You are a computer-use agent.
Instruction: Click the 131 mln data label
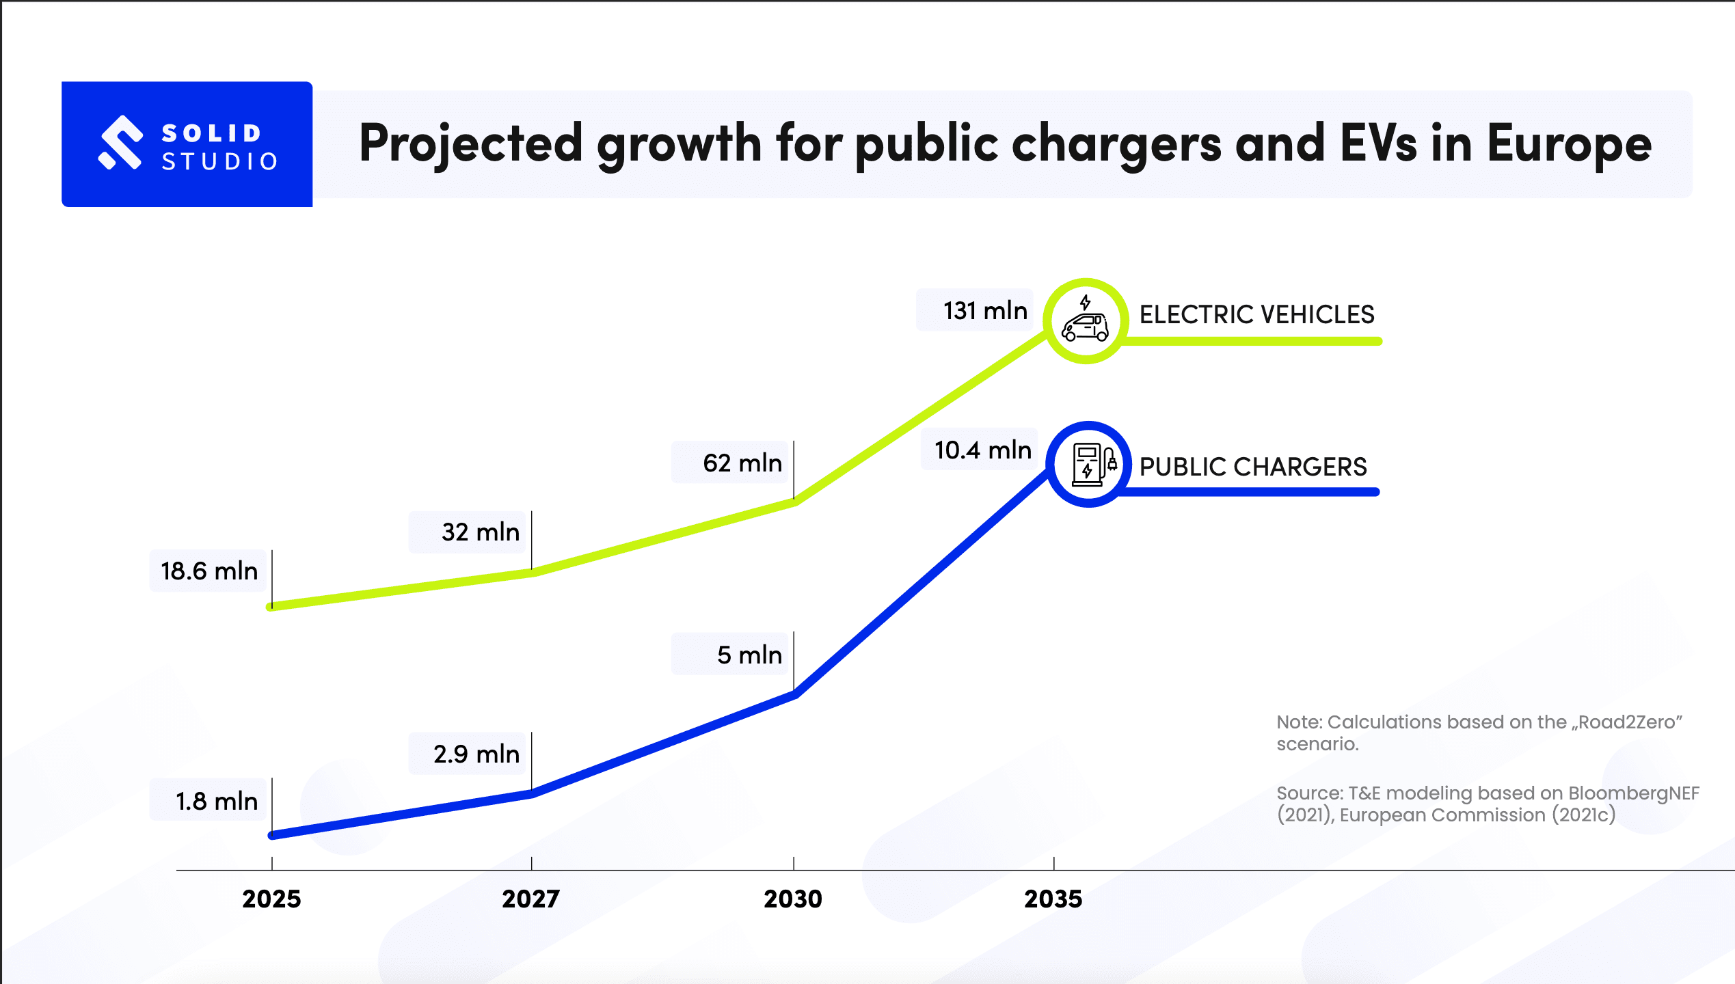(985, 311)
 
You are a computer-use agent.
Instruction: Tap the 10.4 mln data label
(982, 450)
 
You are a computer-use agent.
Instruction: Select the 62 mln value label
(742, 463)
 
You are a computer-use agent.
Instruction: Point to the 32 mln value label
(480, 532)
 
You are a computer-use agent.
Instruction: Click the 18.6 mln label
(209, 571)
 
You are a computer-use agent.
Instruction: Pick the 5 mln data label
(749, 655)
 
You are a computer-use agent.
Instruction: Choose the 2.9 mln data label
(476, 754)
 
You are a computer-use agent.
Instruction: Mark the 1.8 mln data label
(216, 802)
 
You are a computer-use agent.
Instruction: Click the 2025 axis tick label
(271, 899)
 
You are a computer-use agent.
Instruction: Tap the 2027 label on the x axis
(531, 899)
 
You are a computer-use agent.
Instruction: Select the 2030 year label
(793, 899)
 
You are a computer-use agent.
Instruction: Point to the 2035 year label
(1053, 899)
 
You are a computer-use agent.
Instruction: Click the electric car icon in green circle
(1085, 321)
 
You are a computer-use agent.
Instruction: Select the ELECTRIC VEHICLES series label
(1256, 314)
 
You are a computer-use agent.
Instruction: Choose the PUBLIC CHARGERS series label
(1253, 467)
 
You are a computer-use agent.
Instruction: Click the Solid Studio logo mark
(121, 142)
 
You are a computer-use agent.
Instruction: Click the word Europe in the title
(1569, 144)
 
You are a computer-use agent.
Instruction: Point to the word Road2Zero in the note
(1627, 722)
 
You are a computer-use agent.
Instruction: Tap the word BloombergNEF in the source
(1633, 793)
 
